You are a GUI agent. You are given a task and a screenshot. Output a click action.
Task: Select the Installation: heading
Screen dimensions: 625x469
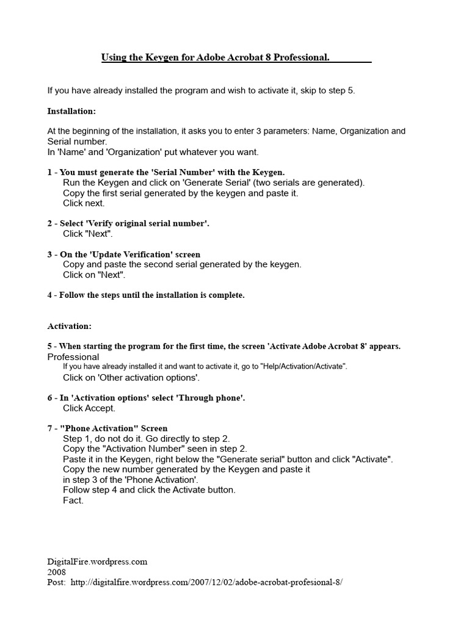tap(71, 111)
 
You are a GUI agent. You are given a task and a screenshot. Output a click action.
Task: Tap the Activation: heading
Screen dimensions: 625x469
tap(69, 327)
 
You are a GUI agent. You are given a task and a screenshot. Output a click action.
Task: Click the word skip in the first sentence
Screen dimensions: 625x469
tap(304, 90)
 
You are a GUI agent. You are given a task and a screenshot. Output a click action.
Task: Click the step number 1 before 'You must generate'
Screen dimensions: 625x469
tap(50, 172)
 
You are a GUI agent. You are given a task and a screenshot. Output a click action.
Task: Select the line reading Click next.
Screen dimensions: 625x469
tap(84, 203)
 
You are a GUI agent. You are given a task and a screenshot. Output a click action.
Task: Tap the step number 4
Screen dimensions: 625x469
tap(50, 295)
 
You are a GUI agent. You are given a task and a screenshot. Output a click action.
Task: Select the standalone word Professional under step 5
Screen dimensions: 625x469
tap(73, 356)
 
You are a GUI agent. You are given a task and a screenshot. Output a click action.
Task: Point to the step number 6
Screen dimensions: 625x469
tap(50, 397)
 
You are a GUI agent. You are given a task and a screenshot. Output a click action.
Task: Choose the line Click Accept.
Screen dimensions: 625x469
tap(89, 408)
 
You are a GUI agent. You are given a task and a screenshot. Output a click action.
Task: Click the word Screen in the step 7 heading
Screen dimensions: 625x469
tap(155, 428)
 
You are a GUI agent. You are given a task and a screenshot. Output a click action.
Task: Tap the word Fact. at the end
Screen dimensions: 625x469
tap(73, 500)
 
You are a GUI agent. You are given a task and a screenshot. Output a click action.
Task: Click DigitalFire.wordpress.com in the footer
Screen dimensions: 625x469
tap(97, 562)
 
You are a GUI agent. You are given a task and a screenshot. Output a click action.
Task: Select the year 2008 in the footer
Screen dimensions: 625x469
tap(57, 572)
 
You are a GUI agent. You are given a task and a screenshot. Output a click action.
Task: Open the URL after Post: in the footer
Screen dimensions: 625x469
tap(206, 582)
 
